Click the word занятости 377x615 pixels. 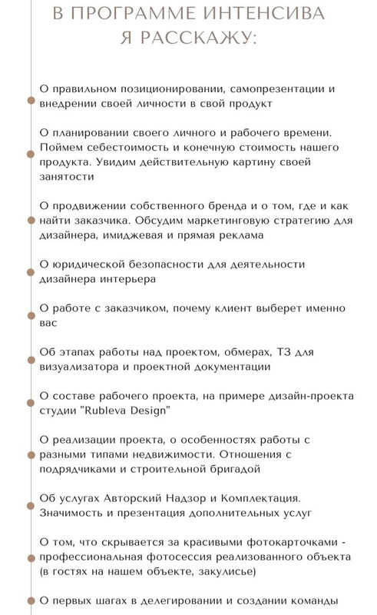coord(65,176)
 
